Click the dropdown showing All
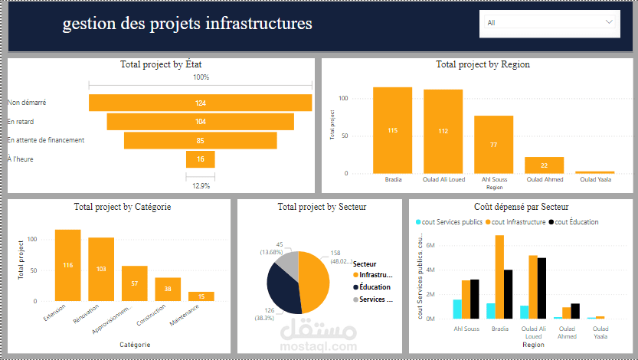[550, 23]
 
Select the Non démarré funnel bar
[200, 103]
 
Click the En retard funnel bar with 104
[200, 122]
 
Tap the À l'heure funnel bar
[200, 159]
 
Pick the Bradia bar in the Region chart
[392, 130]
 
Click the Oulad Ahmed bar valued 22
[544, 165]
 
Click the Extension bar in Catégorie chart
[67, 265]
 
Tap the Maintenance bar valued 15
[201, 296]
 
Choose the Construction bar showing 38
[168, 289]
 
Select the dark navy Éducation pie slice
[282, 290]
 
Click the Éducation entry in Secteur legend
[374, 287]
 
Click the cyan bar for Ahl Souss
[457, 309]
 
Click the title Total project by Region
[483, 65]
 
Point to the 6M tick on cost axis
[430, 245]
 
